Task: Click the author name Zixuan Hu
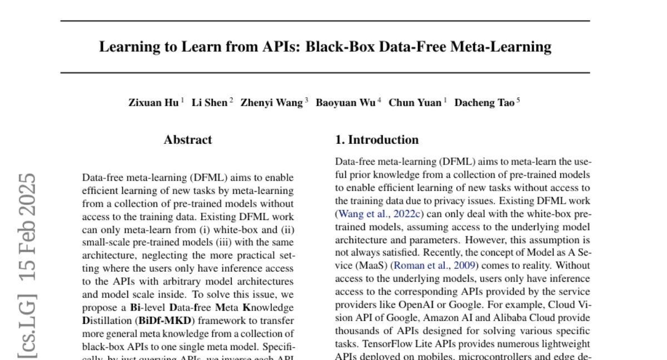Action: [153, 103]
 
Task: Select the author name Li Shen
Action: [210, 103]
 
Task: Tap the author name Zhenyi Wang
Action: [272, 103]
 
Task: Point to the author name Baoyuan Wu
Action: [346, 103]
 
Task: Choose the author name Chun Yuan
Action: [415, 103]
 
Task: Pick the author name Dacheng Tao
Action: [484, 103]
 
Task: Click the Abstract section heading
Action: [188, 140]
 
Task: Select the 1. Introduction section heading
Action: [377, 140]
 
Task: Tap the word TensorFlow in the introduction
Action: [386, 344]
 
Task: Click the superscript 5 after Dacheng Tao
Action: [518, 100]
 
